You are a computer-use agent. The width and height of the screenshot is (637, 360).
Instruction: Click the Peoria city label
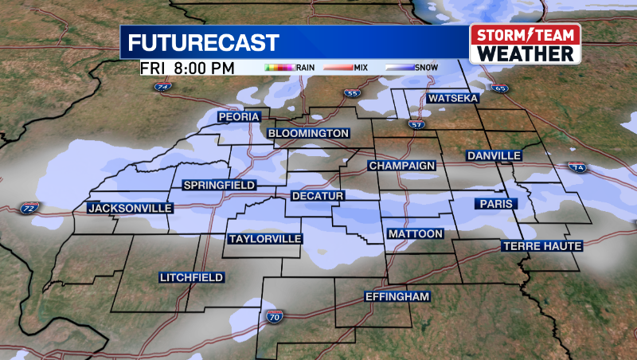(x=240, y=117)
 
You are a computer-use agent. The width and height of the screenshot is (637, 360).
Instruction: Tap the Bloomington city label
(x=308, y=133)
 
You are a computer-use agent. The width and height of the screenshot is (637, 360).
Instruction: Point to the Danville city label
(x=494, y=155)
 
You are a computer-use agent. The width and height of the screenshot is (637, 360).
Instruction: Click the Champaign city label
(x=402, y=166)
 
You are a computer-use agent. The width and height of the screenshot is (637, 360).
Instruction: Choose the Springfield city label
(x=219, y=186)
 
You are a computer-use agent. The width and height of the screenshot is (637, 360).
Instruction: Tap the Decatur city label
(x=317, y=196)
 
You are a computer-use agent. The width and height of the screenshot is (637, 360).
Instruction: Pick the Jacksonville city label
(x=130, y=208)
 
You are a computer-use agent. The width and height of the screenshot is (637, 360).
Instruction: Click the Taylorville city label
(x=265, y=239)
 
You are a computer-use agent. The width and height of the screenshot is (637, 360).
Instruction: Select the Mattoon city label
(x=415, y=234)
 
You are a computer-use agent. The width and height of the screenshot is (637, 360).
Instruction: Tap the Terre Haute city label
(x=542, y=246)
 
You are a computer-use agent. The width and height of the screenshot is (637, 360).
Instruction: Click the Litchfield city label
(x=191, y=277)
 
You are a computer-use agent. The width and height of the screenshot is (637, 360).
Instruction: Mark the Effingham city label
(x=397, y=297)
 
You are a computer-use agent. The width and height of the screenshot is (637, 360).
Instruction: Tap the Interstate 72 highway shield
(x=29, y=209)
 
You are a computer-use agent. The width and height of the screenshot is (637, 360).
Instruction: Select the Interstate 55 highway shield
(x=352, y=94)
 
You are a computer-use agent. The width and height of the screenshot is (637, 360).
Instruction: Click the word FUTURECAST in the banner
(x=204, y=43)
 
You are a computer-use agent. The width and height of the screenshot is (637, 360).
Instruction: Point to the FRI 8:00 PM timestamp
(x=188, y=68)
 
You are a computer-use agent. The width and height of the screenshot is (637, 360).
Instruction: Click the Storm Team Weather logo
(x=525, y=45)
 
